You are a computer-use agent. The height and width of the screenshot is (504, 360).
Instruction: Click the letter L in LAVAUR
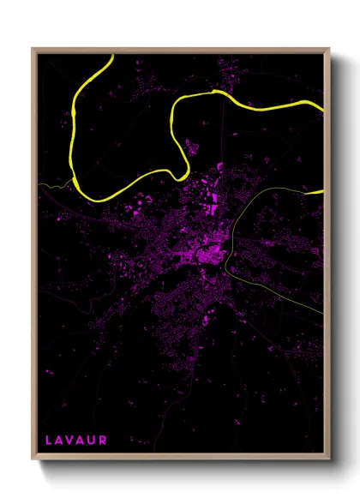click(x=49, y=440)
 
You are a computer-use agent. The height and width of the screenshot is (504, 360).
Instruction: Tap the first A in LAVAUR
click(x=60, y=440)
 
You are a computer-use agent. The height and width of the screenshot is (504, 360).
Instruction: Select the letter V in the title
click(x=71, y=440)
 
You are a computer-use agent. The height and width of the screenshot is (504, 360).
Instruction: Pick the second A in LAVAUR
click(x=82, y=440)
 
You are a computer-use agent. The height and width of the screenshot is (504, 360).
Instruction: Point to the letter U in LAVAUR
click(x=93, y=440)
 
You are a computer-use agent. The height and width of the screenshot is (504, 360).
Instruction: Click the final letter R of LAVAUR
click(x=104, y=440)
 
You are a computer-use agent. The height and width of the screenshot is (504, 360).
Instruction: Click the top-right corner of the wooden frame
click(x=329, y=49)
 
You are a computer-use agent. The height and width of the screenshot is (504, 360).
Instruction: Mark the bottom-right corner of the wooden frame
click(x=329, y=460)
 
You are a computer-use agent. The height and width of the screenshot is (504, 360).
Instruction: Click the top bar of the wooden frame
click(x=180, y=50)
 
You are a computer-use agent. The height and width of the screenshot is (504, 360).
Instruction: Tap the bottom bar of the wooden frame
click(x=180, y=459)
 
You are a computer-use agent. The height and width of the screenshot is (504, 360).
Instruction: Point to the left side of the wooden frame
click(x=34, y=257)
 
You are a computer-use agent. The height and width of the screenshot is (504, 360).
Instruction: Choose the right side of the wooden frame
click(x=328, y=257)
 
